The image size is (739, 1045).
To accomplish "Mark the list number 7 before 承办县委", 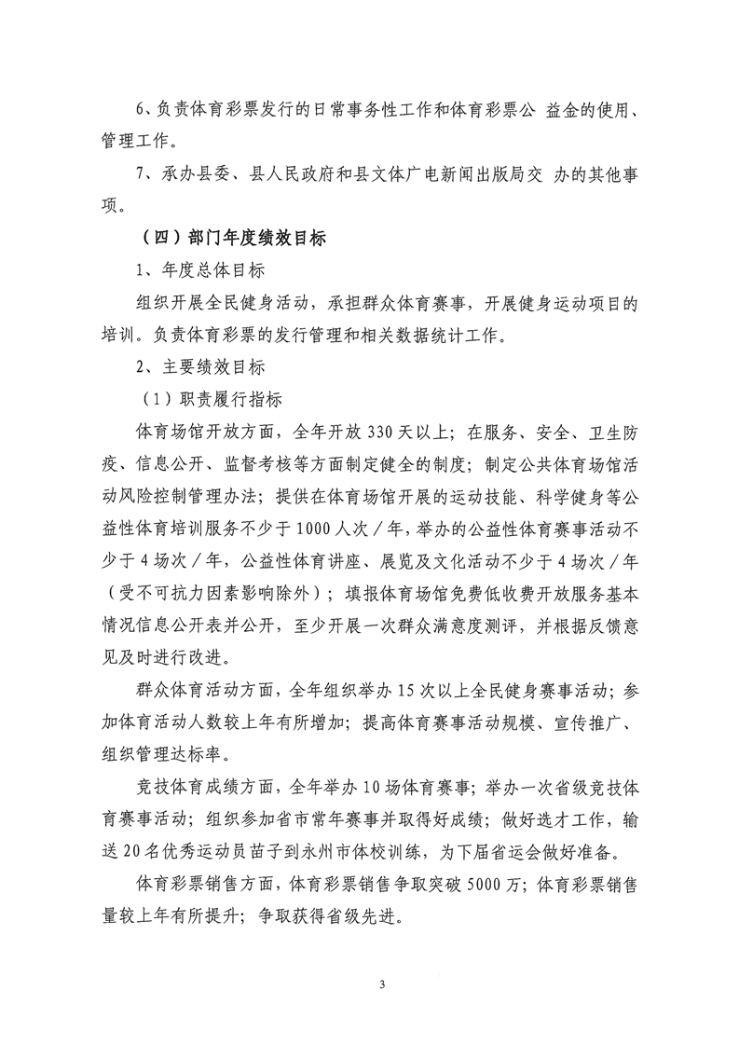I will [x=142, y=174].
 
